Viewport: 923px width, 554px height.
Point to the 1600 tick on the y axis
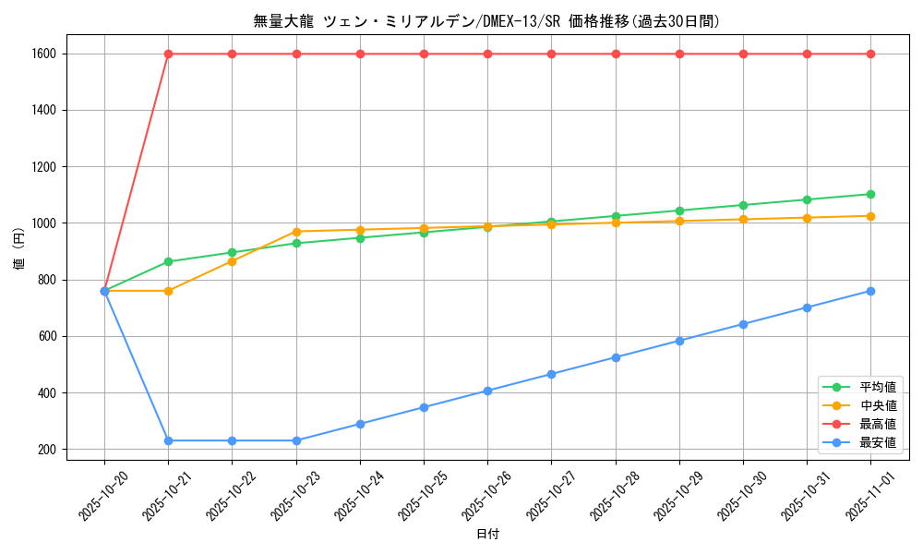click(43, 54)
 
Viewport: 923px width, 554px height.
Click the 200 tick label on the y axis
click(46, 450)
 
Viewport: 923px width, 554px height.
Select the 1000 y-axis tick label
click(43, 223)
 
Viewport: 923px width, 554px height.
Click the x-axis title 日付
click(487, 535)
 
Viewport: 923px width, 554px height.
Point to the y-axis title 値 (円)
click(19, 252)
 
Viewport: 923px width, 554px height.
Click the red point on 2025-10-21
click(168, 54)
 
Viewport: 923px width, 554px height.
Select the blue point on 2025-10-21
click(168, 440)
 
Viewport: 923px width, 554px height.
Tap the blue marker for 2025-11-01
click(870, 291)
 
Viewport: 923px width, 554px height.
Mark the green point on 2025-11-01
click(870, 194)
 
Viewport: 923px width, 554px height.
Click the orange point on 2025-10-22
click(232, 261)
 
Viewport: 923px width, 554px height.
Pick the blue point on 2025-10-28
click(616, 357)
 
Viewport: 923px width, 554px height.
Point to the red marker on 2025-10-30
click(743, 54)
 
